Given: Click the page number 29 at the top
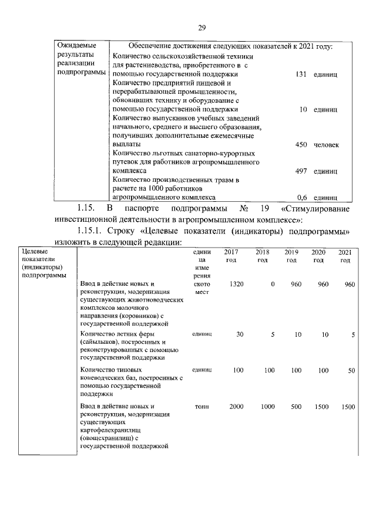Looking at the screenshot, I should click(201, 28).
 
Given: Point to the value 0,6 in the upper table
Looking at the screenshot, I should click(303, 198).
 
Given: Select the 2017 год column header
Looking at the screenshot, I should click(231, 256).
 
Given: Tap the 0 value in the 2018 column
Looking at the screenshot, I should click(273, 284).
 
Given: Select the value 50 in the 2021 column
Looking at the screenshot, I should click(351, 370).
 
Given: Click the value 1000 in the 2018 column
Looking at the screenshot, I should click(268, 407).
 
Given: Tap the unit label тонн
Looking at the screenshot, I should click(201, 407).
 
